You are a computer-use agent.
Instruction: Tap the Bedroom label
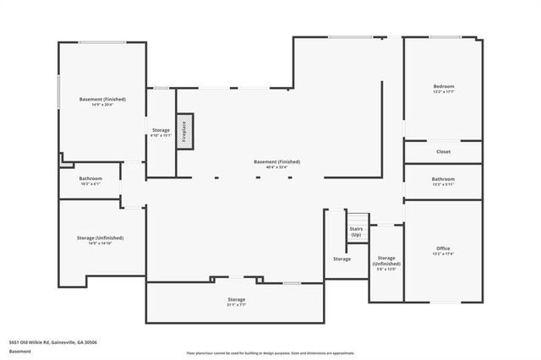tap(444, 87)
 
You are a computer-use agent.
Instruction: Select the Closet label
tap(444, 152)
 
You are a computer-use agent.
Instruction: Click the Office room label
tap(444, 248)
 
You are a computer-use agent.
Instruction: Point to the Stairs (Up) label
tap(356, 231)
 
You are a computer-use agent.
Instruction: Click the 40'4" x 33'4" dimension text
tap(276, 167)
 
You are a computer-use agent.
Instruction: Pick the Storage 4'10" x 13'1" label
tap(161, 133)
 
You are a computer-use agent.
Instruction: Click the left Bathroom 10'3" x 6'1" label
tap(90, 181)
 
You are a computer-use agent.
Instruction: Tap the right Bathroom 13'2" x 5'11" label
tap(443, 181)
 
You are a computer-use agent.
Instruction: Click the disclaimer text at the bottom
tap(270, 352)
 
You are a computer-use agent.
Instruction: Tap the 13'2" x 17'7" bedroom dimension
tap(444, 92)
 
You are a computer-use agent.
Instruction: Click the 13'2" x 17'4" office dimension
tap(444, 253)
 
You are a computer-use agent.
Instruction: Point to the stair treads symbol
tap(360, 217)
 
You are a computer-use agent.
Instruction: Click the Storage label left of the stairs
tap(342, 259)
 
